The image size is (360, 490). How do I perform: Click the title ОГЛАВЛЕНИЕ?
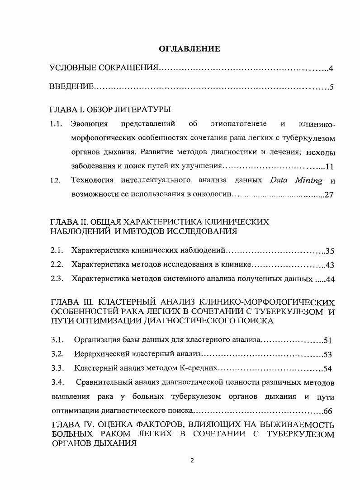pos(189,49)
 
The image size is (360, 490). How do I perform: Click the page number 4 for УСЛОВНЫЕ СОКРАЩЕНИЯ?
pos(331,69)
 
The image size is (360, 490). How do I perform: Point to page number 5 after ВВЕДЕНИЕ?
pos(332,87)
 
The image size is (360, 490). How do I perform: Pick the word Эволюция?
pos(90,124)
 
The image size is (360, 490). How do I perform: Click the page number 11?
pos(329,166)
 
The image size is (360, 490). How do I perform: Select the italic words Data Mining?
pos(296,180)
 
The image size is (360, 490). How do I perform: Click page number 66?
pos(329,411)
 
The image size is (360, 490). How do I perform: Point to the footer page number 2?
pos(192,461)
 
